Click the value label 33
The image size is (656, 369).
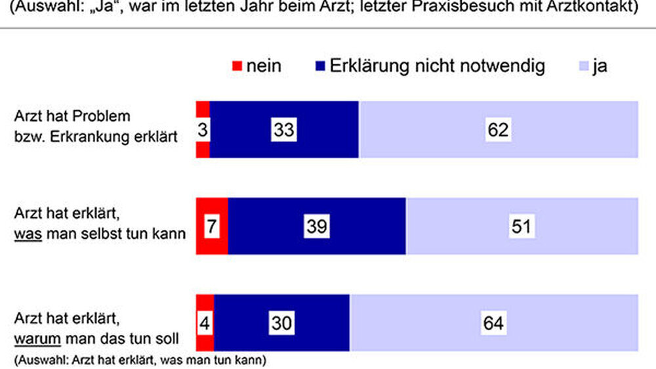283,129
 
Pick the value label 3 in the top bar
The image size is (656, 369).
202,129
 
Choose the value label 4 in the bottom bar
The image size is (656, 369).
204,323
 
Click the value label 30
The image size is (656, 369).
281,323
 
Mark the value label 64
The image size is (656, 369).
493,323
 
